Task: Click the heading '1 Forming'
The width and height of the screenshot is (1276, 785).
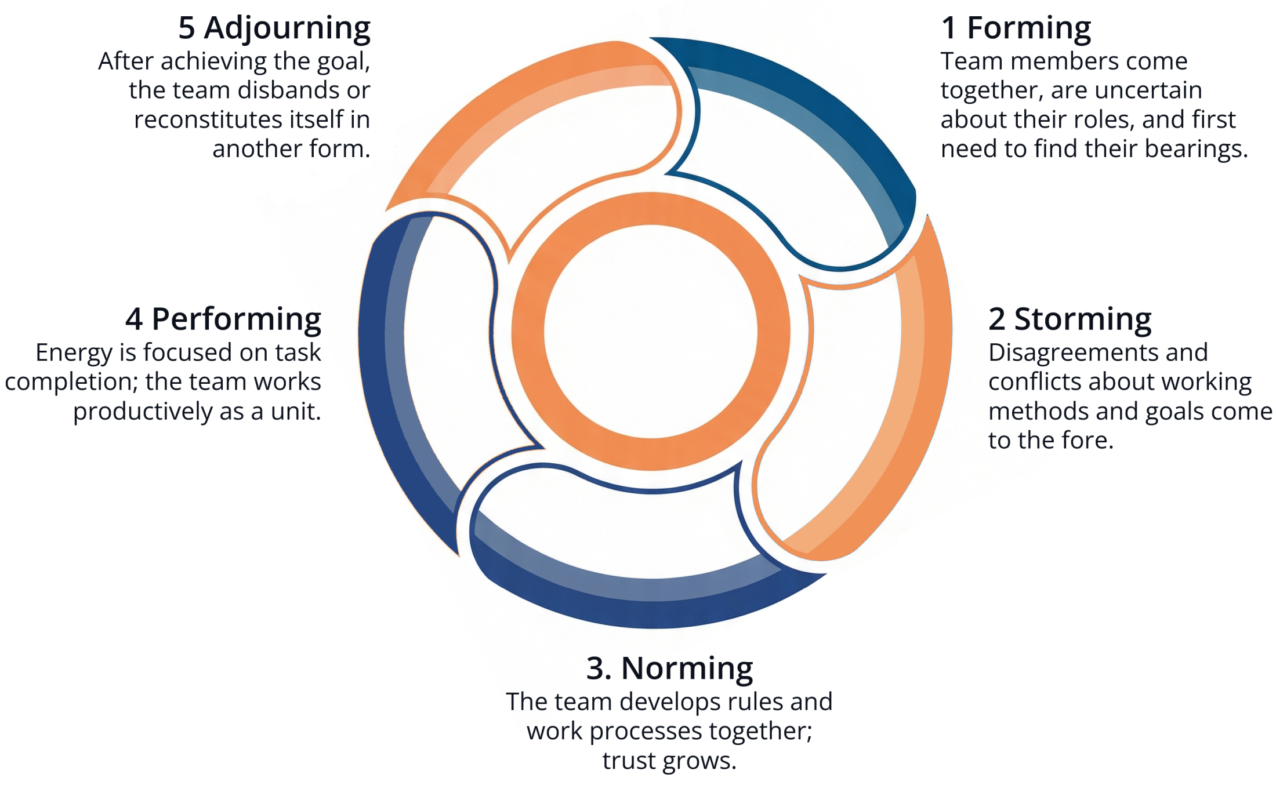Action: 1016,28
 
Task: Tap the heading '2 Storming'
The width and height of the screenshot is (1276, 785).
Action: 1070,319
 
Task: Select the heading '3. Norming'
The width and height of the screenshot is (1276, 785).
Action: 669,668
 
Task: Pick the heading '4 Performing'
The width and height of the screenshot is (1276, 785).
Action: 223,319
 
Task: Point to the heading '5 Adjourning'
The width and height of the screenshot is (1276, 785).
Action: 274,28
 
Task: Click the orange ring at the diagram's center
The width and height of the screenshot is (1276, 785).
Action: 650,209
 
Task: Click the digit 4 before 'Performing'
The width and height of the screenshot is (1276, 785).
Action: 134,319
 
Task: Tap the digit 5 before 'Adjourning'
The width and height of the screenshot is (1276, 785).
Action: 186,28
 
